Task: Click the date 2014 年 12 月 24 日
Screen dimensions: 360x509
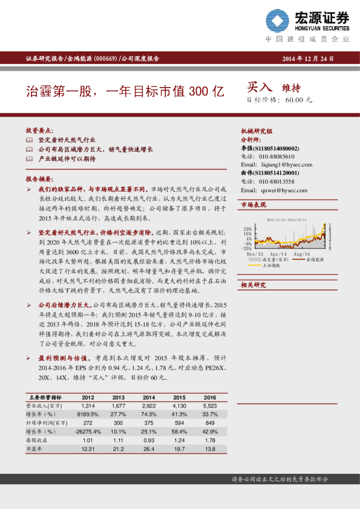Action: [x=309, y=59]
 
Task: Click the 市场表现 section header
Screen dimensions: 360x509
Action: [x=254, y=205]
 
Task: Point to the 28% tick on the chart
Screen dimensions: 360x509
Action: [x=247, y=229]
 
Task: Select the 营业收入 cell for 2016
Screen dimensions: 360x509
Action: [x=209, y=406]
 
